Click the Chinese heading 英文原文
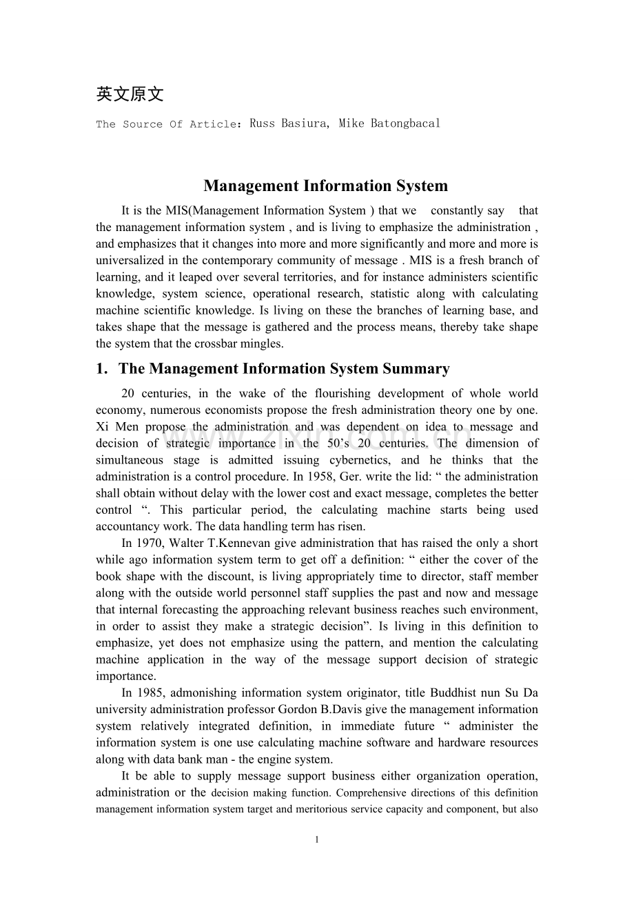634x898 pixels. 130,94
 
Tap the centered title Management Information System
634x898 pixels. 325,186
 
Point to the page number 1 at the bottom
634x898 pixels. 316,839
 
